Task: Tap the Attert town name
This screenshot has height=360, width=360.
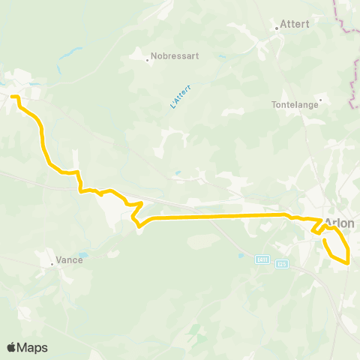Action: (295, 24)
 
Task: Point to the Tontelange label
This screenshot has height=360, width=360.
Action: (295, 105)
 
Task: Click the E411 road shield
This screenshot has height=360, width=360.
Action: (262, 259)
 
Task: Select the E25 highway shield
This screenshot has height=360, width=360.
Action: (281, 263)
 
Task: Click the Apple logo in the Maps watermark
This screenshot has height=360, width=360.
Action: (13, 347)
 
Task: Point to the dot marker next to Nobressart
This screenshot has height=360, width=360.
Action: (147, 58)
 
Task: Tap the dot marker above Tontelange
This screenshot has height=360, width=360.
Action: (320, 98)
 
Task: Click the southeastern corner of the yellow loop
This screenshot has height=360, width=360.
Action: (349, 262)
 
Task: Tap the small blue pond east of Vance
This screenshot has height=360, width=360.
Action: (82, 256)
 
